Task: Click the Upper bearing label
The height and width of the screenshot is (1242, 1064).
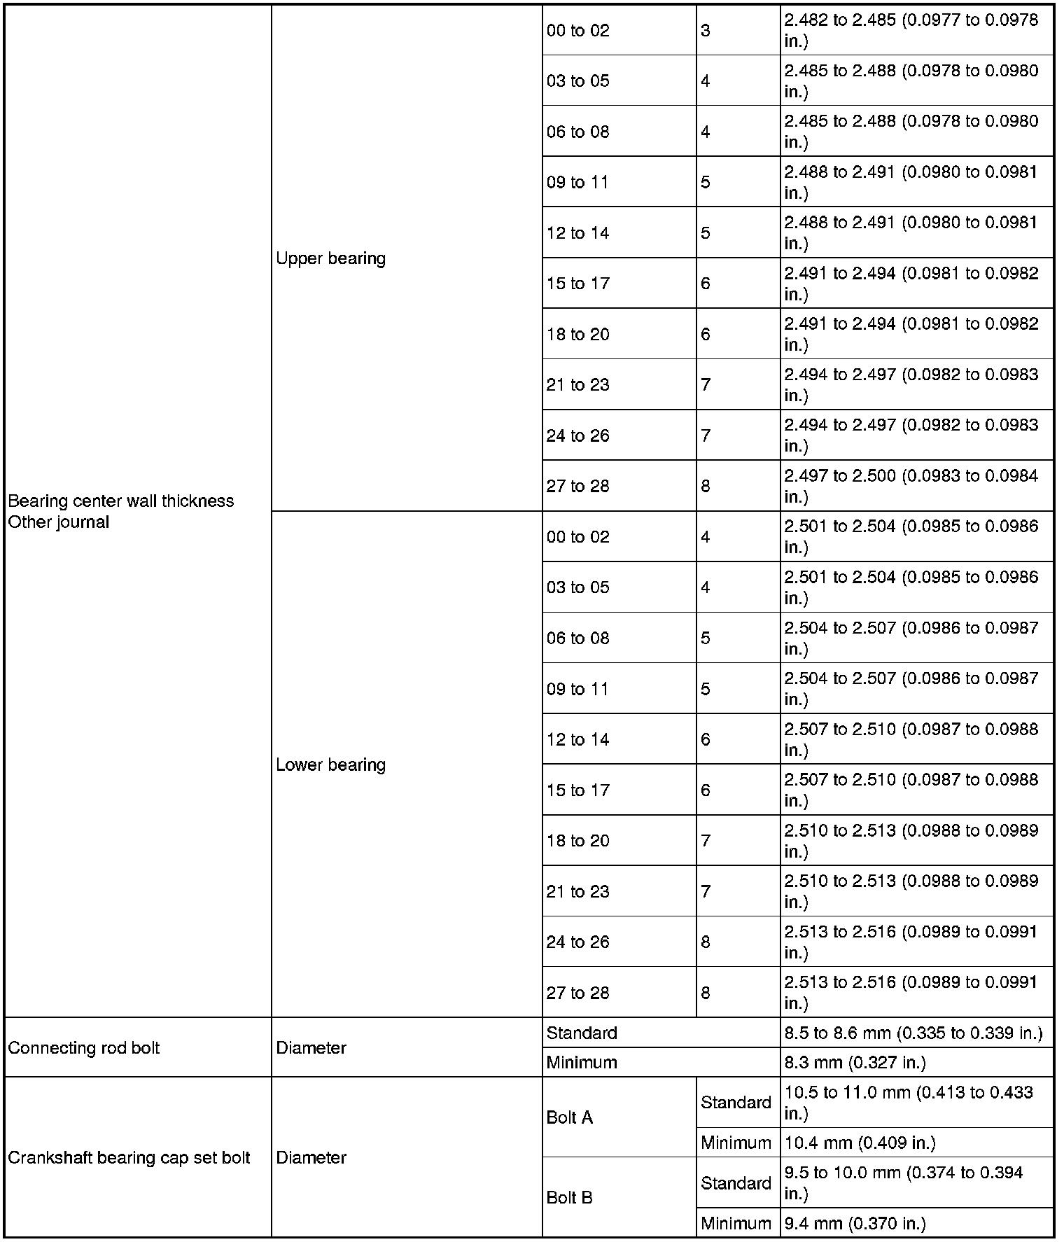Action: pos(330,258)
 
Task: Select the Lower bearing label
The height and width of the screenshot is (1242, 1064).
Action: pos(330,765)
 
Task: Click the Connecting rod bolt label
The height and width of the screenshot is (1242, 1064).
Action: pos(83,1048)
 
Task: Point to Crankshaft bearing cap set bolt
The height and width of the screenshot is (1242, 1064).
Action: pos(129,1158)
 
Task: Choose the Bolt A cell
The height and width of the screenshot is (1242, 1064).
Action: pos(569,1117)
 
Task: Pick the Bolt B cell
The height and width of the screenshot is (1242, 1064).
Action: pos(569,1198)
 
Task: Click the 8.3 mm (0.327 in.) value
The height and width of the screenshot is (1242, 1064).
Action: pos(855,1063)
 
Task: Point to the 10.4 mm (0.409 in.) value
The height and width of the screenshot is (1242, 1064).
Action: pos(860,1143)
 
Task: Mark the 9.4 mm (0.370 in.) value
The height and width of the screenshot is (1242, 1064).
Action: pos(855,1224)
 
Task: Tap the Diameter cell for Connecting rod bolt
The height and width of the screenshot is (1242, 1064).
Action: pos(311,1048)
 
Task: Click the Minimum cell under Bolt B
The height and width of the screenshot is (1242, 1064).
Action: pos(736,1224)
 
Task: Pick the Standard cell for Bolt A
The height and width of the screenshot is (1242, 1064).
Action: pos(736,1103)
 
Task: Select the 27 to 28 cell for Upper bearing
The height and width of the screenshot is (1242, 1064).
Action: pos(577,486)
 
